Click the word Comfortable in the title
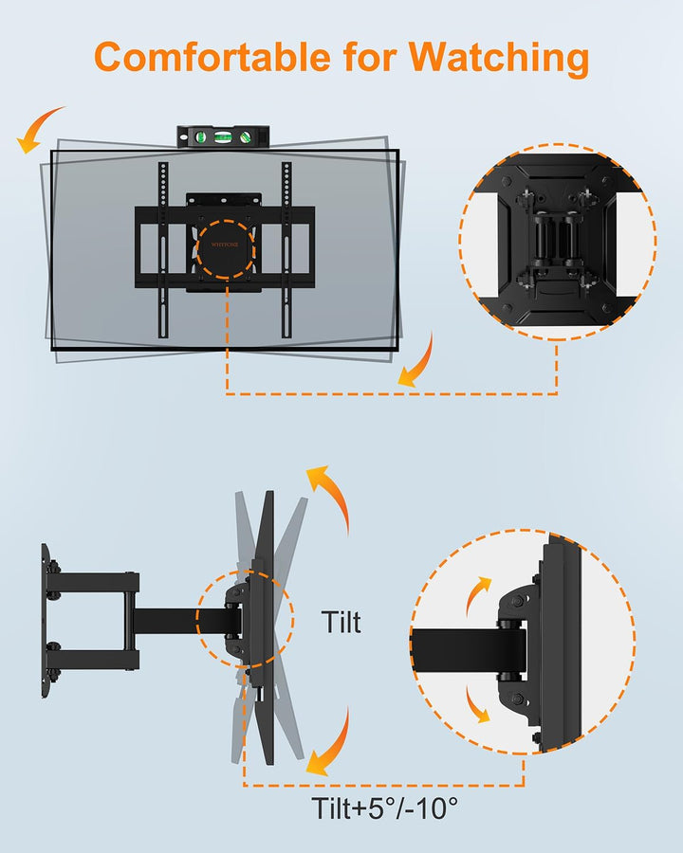(x=212, y=57)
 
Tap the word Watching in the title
(x=499, y=59)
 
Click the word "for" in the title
(x=370, y=57)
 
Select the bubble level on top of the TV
(x=223, y=136)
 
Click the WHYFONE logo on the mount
(x=225, y=245)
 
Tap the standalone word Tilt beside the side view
(x=341, y=622)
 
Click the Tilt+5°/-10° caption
(x=384, y=808)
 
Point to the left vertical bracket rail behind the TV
(x=163, y=250)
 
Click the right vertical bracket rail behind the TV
(x=286, y=250)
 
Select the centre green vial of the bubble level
(x=223, y=136)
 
